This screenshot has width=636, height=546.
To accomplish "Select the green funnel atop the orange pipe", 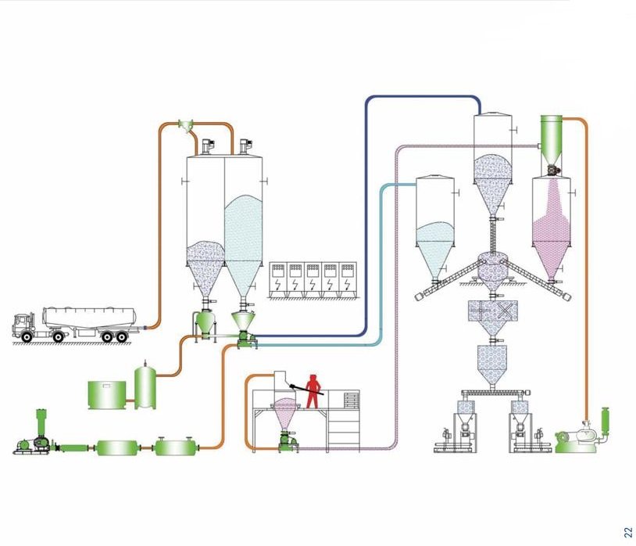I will coord(186,124).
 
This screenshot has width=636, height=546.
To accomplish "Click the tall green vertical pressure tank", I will coord(145,385).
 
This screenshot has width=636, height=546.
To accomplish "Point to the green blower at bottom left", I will coord(33,442).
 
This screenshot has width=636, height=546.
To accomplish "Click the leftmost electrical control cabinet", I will coord(278,279).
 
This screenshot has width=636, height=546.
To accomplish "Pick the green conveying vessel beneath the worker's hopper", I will coord(286,440).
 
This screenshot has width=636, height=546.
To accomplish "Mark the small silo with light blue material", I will coord(435,227).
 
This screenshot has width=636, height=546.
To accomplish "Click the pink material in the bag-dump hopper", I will coord(285,407).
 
